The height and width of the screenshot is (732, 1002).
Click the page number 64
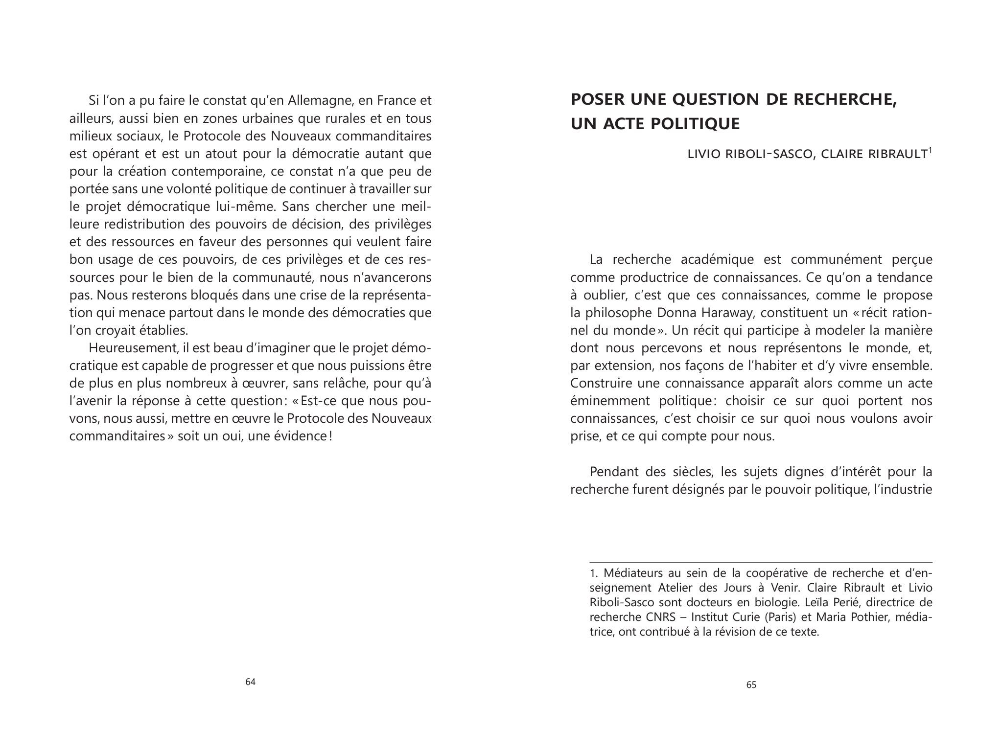[250, 682]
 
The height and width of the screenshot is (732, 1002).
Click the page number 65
[751, 685]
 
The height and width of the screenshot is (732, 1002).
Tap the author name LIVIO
[705, 154]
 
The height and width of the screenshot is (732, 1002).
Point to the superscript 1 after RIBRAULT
[930, 150]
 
